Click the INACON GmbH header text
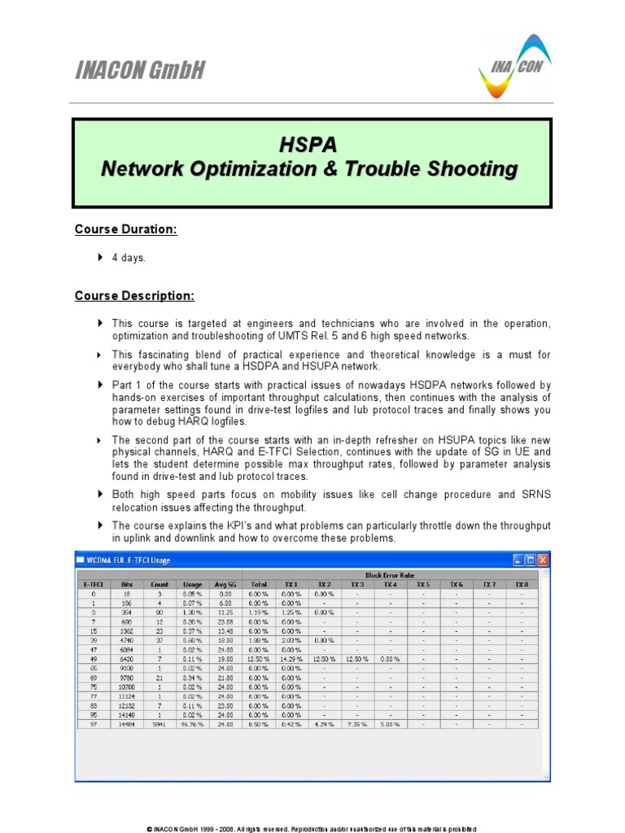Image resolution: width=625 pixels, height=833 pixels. (139, 72)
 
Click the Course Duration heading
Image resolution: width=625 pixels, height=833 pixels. (125, 229)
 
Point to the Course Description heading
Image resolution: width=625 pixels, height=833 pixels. (134, 295)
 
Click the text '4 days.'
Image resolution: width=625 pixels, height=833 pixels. (129, 258)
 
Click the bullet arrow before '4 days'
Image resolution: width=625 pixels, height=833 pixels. (100, 258)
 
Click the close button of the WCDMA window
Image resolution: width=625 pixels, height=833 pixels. (543, 560)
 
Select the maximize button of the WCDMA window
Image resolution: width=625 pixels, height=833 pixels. (531, 560)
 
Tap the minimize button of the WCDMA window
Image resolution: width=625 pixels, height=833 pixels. (518, 560)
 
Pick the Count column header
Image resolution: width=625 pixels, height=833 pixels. (160, 584)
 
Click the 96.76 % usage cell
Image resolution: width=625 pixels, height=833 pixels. (193, 723)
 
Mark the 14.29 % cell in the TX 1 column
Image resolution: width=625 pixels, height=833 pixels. (291, 659)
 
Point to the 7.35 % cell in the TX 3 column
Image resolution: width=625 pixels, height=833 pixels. (357, 723)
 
